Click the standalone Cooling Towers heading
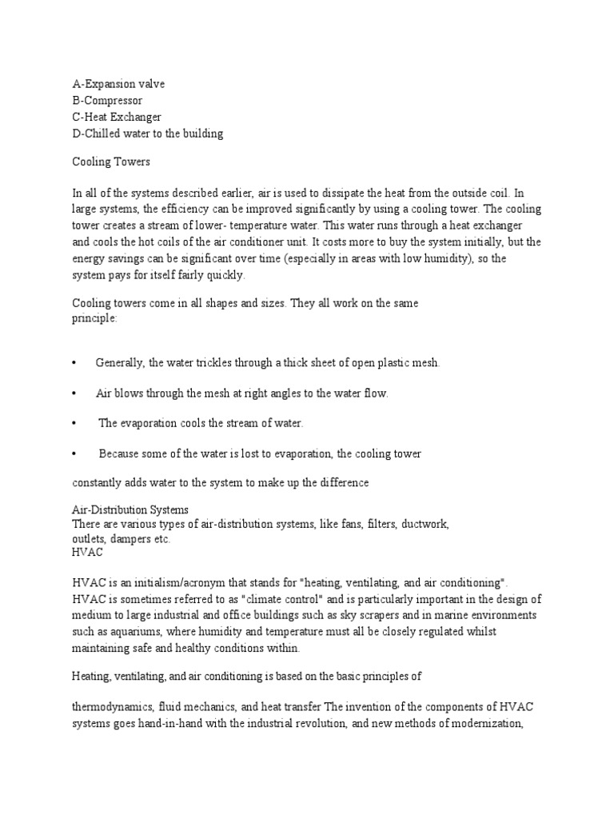click(111, 162)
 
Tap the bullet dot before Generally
click(74, 363)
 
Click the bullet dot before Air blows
click(74, 394)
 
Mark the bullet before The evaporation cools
click(74, 423)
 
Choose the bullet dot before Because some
click(74, 453)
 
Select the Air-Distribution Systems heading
click(130, 509)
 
